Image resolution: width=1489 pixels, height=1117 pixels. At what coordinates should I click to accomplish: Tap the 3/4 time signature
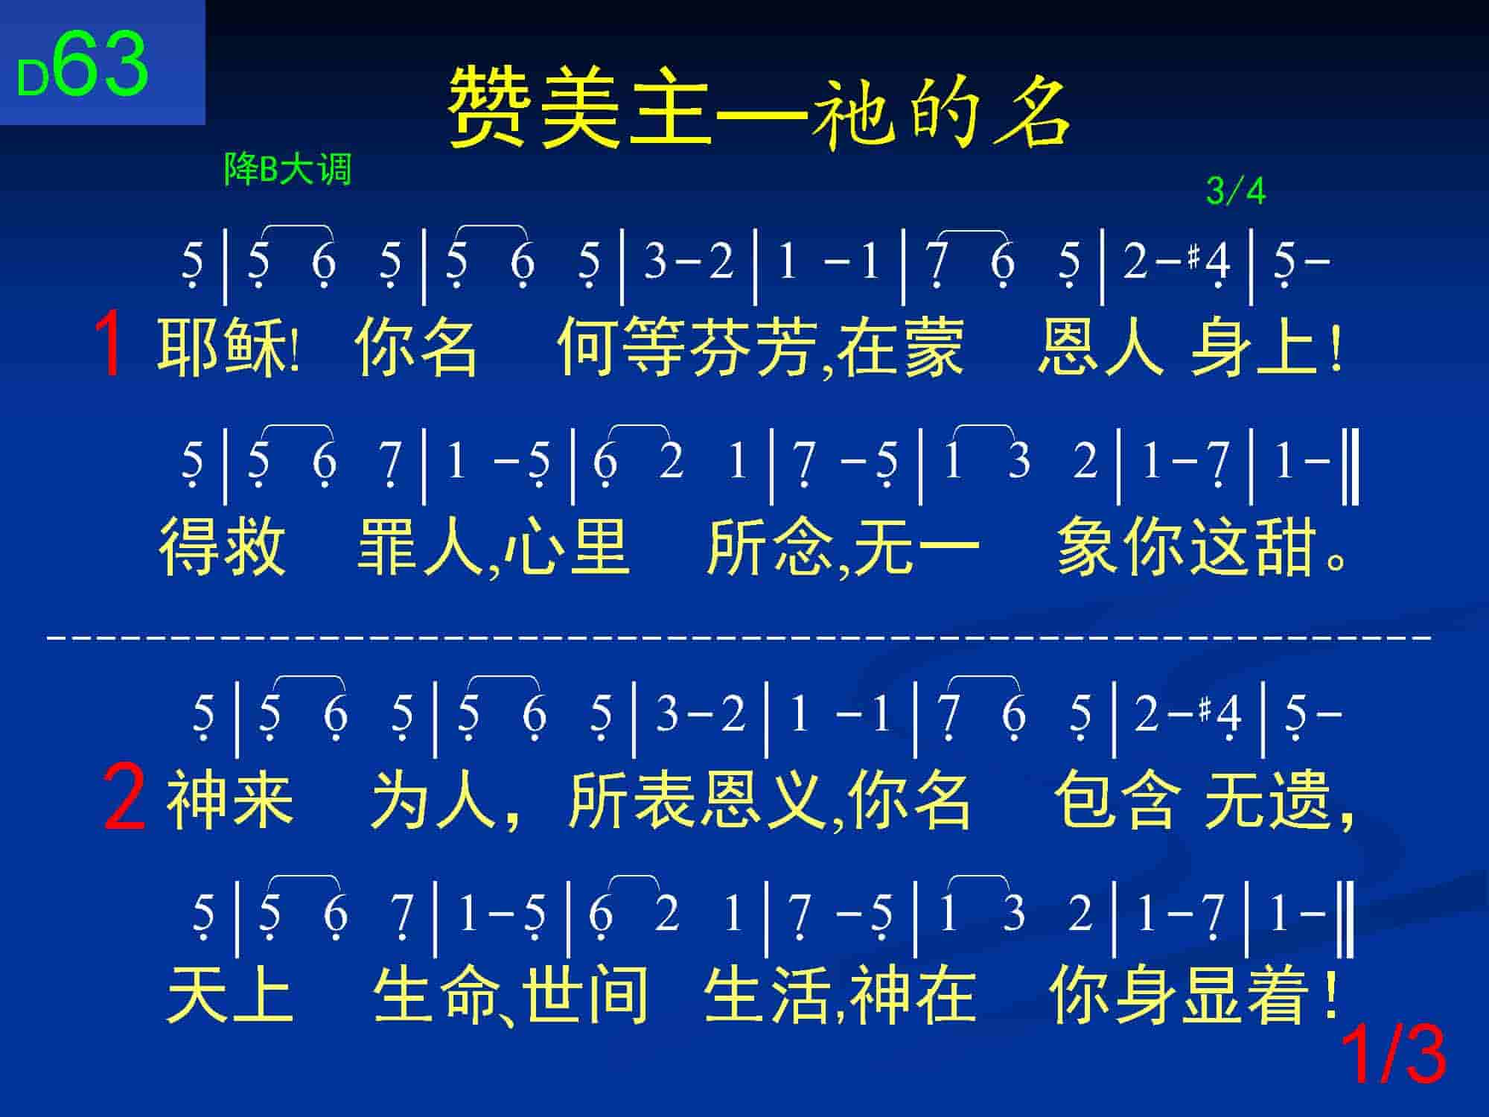tap(1235, 191)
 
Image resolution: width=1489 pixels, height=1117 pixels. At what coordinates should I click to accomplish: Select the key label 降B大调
tap(287, 170)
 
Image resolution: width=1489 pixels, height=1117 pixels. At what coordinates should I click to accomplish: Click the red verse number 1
tap(110, 346)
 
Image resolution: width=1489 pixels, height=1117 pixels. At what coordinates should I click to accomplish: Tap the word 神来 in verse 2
tap(230, 800)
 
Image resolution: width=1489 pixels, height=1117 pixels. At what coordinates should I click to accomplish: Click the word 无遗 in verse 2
tap(1267, 800)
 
